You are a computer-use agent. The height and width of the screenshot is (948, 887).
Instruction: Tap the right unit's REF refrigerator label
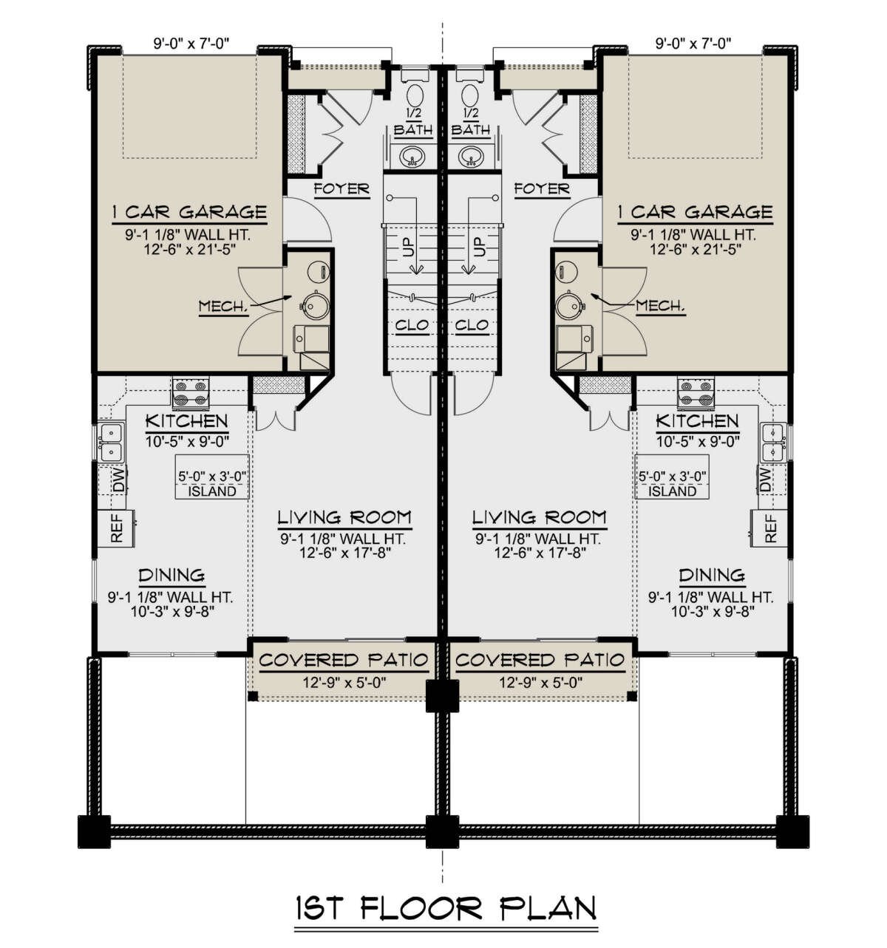pos(770,528)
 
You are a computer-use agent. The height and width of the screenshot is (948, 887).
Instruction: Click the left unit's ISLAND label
pos(212,491)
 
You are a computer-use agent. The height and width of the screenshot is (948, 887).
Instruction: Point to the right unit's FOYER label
pos(542,188)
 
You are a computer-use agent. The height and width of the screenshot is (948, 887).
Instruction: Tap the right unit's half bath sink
pos(470,156)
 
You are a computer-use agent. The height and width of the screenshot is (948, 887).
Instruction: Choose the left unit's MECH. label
pos(223,305)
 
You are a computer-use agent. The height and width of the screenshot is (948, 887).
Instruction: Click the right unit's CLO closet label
pos(472,324)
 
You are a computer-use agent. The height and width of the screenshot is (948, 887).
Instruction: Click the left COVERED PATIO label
pos(344,660)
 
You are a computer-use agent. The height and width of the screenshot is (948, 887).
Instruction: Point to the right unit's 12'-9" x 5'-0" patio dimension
pos(541,682)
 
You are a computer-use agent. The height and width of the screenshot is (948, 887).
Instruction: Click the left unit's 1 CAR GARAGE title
pos(189,211)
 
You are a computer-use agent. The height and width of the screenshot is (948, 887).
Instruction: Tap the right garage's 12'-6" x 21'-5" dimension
pos(695,248)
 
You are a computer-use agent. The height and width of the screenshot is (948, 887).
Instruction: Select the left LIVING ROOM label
pos(344,517)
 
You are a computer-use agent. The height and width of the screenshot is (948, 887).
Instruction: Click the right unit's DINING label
pos(712,575)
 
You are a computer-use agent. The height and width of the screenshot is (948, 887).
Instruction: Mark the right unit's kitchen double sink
pos(774,442)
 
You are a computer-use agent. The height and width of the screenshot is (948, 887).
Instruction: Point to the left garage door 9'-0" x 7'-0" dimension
pos(191,44)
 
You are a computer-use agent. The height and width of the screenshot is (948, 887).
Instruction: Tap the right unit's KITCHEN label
pos(697,421)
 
